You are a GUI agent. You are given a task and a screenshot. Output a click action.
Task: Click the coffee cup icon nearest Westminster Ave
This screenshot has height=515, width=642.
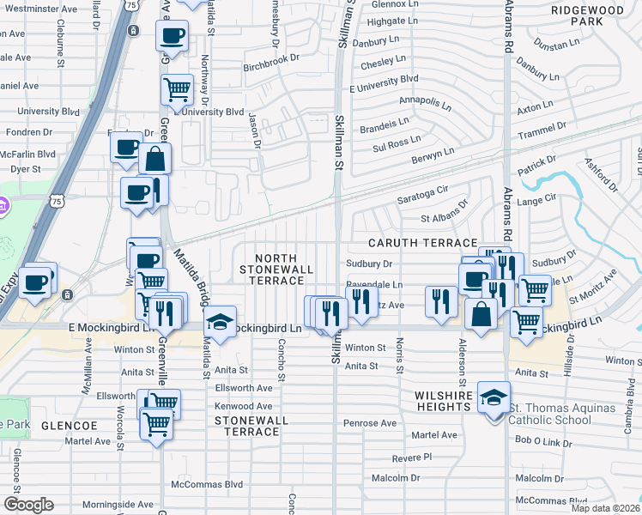(x=172, y=36)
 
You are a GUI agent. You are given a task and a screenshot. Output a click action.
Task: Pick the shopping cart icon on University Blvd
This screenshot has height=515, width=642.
(x=177, y=89)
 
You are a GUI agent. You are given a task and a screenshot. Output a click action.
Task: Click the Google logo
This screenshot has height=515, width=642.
(x=28, y=504)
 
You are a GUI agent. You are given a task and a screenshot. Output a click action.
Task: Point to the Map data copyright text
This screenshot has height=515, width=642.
(x=605, y=508)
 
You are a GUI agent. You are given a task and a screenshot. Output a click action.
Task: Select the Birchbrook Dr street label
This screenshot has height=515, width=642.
(x=270, y=59)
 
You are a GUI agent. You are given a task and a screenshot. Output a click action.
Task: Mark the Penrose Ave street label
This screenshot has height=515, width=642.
(x=370, y=423)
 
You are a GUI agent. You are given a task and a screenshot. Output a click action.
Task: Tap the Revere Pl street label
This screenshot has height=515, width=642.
(x=411, y=458)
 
